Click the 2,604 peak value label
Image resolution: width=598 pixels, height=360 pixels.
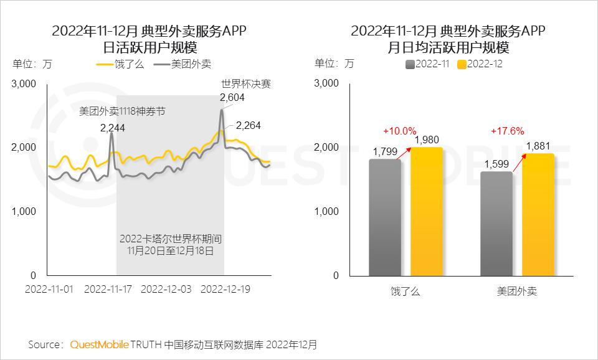(x=232, y=97)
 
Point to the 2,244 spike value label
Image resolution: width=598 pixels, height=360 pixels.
(x=112, y=128)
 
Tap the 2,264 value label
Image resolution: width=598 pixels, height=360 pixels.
(x=248, y=125)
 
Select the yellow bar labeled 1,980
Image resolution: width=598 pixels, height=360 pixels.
(x=427, y=211)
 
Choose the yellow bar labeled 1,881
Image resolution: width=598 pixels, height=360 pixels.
(x=538, y=214)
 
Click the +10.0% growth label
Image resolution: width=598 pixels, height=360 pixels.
(x=399, y=131)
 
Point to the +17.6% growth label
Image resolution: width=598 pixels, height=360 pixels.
(x=507, y=131)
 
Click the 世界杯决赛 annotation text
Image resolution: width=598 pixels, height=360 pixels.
(x=245, y=83)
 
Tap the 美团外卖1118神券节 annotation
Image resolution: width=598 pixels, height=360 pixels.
(x=121, y=111)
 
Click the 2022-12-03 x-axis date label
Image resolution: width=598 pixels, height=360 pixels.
(x=166, y=290)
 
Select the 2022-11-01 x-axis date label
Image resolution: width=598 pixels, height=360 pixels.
(x=49, y=290)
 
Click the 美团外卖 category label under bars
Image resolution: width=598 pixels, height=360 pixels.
(x=517, y=291)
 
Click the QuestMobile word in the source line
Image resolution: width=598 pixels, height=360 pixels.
(x=100, y=344)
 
